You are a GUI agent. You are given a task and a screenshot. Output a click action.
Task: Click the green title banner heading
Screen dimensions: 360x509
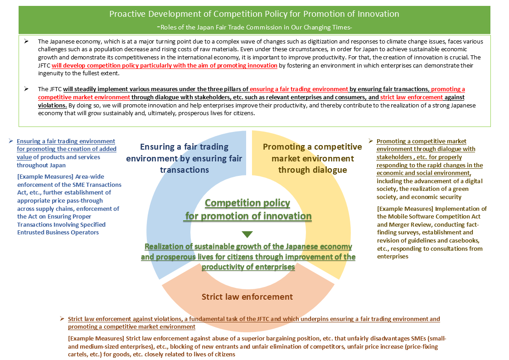coord(254,14)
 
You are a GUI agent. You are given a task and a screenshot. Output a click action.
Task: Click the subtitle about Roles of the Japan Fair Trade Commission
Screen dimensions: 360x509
coord(254,27)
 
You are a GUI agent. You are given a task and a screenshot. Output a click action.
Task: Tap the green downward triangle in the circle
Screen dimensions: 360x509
coord(247,234)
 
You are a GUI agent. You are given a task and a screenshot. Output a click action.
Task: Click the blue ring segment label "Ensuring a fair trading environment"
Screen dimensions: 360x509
coord(184,158)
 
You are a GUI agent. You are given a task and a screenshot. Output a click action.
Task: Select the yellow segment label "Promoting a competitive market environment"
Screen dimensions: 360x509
coord(312,158)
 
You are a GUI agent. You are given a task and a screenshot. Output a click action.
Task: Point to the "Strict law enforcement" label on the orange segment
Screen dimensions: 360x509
coord(247,297)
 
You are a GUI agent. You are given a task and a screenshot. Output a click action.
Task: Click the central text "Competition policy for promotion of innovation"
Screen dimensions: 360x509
coord(247,209)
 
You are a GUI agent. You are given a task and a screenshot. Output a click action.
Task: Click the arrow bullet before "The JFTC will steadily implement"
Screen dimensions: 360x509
coord(27,89)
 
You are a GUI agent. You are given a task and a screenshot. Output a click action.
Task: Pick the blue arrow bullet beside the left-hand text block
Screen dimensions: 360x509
coord(11,141)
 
